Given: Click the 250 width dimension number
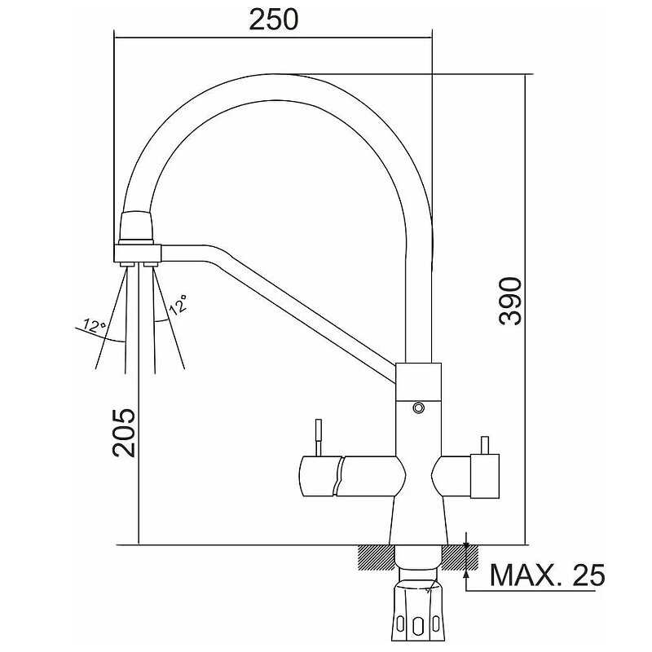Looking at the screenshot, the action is tap(274, 20).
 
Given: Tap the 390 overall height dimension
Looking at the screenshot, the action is tap(510, 301).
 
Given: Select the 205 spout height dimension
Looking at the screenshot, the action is tap(124, 433).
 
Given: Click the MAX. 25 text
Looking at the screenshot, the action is tap(547, 575).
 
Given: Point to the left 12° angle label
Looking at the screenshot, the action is tap(94, 325).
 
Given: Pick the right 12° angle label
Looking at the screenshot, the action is tap(178, 305).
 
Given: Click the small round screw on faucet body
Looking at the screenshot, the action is tap(418, 407).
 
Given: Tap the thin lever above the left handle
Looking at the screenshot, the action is tap(319, 438).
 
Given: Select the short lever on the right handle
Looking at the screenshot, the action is tap(485, 445).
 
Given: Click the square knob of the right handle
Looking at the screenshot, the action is tap(484, 476).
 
